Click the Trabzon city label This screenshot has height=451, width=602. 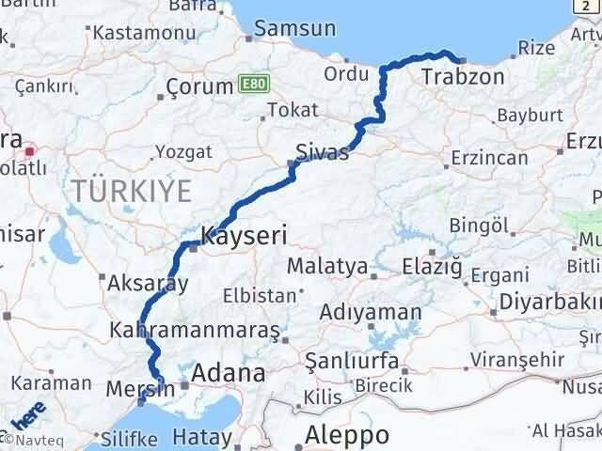(x=463, y=77)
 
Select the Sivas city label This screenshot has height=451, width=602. (x=322, y=151)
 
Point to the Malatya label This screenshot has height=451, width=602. (x=326, y=266)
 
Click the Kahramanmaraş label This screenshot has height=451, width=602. (x=195, y=331)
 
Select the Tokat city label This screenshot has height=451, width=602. (x=293, y=110)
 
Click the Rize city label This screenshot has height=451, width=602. (x=537, y=46)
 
